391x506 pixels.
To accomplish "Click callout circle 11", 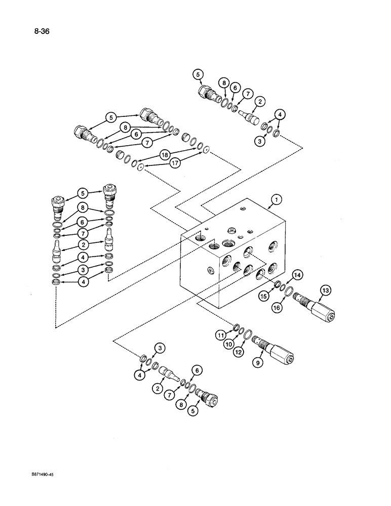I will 221,334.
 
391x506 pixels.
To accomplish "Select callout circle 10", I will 228,344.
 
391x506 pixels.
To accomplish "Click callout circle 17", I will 174,163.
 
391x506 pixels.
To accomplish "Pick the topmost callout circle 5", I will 197,75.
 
